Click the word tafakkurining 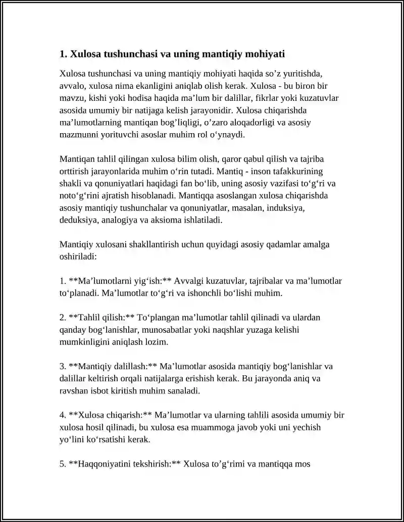click(x=299, y=171)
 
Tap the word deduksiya click(x=78, y=220)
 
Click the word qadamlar click(x=280, y=244)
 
